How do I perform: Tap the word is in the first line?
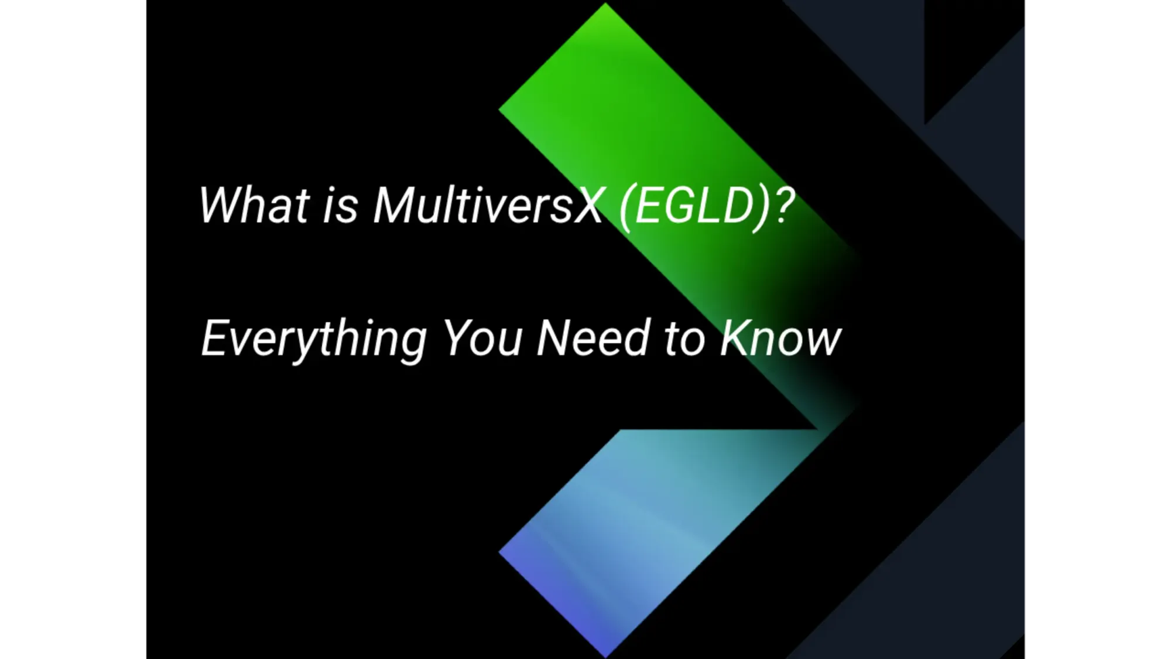pyautogui.click(x=340, y=205)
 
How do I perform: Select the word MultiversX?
pyautogui.click(x=488, y=205)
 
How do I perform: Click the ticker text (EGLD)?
pyautogui.click(x=694, y=206)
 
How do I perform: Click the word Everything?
pyautogui.click(x=314, y=339)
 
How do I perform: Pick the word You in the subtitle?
pyautogui.click(x=482, y=339)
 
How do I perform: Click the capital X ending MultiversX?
pyautogui.click(x=587, y=205)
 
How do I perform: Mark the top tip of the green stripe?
pyautogui.click(x=605, y=5)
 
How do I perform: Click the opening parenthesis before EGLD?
pyautogui.click(x=625, y=207)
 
